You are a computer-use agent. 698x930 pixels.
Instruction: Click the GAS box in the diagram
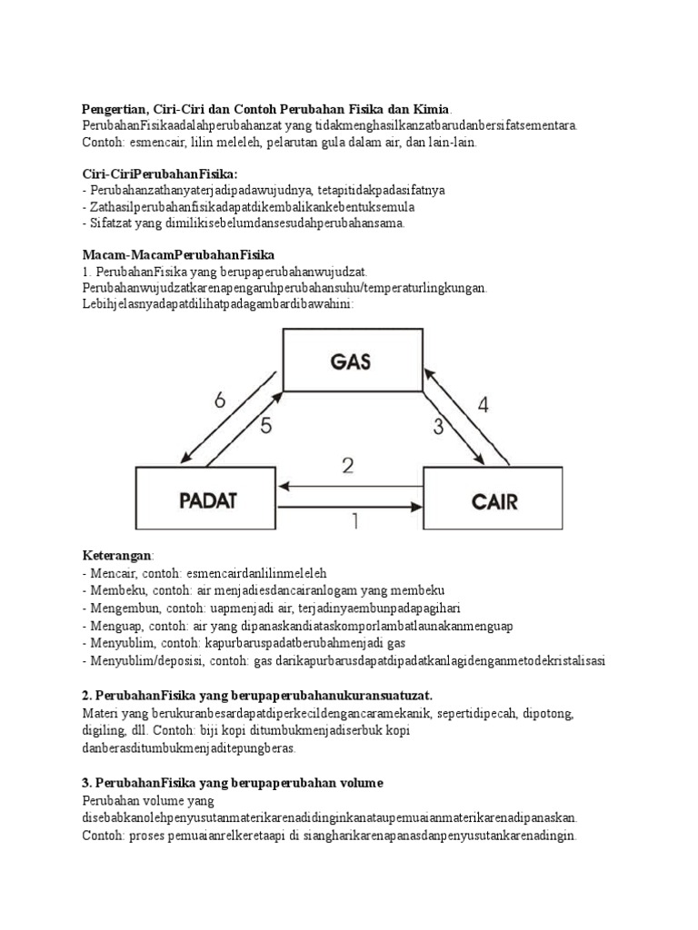[x=352, y=361]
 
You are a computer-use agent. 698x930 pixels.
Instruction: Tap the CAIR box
[x=494, y=500]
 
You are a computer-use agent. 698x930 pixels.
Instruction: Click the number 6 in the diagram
[x=220, y=401]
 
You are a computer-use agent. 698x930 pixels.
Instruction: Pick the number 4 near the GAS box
[x=483, y=405]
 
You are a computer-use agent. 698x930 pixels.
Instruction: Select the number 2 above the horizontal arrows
[x=347, y=467]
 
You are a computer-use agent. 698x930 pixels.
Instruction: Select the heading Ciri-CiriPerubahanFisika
[x=160, y=173]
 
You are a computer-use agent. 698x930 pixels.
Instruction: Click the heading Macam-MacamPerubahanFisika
[x=178, y=255]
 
